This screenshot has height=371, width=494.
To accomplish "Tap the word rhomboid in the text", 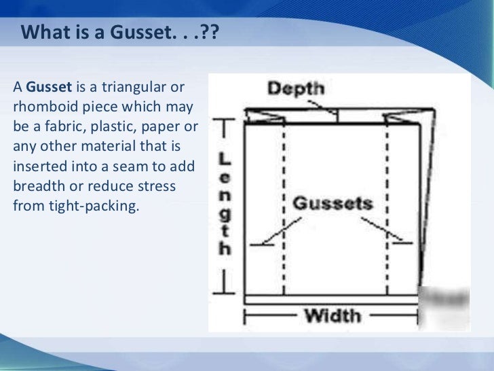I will (x=41, y=108).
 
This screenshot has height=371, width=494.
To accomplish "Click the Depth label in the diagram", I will (x=296, y=88).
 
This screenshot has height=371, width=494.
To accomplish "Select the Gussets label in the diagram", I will (x=332, y=202).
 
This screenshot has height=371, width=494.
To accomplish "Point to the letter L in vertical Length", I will (x=225, y=159).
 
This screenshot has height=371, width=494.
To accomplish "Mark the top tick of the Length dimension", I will (x=224, y=124).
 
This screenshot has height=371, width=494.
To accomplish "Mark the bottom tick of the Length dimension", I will (x=224, y=294).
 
